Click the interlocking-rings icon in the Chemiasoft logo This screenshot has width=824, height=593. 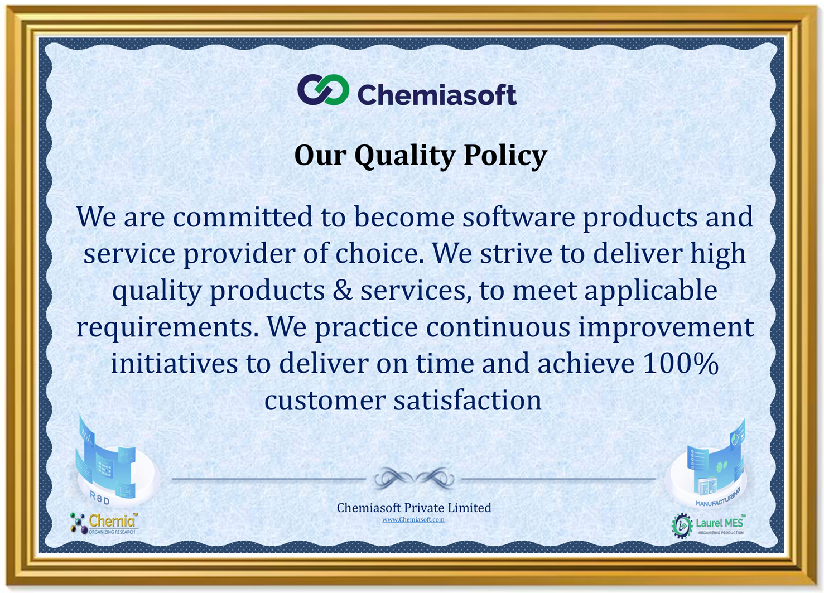[x=323, y=90]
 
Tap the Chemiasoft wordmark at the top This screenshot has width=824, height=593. [x=436, y=95]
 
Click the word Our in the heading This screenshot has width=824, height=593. [x=320, y=155]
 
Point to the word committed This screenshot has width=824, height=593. [x=243, y=217]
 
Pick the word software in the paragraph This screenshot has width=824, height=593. [x=518, y=217]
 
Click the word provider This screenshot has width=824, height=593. [x=239, y=254]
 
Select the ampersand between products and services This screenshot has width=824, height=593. [x=343, y=291]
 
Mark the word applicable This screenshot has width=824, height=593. [x=650, y=291]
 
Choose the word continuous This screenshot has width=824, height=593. [x=498, y=327]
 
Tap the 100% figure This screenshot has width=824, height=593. [x=680, y=364]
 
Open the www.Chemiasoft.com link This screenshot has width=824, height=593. [x=413, y=520]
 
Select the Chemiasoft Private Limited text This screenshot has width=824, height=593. [x=413, y=508]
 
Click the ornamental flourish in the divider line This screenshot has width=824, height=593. [x=413, y=478]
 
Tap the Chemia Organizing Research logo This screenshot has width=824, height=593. [x=104, y=523]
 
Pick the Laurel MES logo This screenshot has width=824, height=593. [x=708, y=525]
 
